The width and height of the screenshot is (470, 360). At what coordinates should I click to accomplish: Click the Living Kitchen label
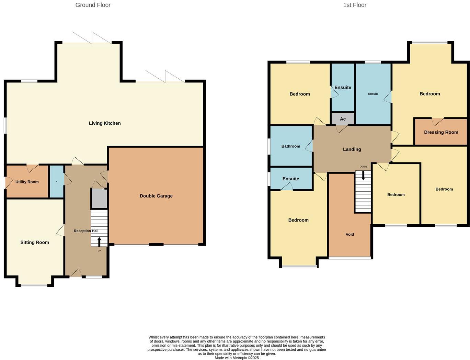point(105,123)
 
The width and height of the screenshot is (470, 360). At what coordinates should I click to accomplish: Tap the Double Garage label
point(156,196)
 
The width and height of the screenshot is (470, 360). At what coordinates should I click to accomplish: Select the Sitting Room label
point(35,243)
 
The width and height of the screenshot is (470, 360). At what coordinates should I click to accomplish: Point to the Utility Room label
point(27,182)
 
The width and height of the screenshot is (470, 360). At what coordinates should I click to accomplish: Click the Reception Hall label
point(86,231)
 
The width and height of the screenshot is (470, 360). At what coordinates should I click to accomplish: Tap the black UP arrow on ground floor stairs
point(100,242)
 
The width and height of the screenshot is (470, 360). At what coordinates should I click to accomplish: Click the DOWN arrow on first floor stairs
point(363,176)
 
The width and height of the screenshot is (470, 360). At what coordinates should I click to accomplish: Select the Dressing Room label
point(441,132)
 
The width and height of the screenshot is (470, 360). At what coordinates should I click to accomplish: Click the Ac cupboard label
point(343,119)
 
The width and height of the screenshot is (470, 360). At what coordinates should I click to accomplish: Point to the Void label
point(350,234)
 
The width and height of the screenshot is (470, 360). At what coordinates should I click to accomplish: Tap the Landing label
point(352,149)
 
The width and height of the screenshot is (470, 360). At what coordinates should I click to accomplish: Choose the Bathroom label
point(291,146)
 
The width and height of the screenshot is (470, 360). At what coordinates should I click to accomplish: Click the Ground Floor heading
point(93,5)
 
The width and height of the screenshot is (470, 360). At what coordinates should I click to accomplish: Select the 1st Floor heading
point(355,5)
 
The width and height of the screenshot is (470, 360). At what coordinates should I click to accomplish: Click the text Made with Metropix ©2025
point(237,358)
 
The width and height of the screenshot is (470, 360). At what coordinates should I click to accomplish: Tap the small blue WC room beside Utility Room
point(57,182)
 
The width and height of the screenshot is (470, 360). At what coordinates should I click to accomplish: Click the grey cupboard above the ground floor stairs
point(99,199)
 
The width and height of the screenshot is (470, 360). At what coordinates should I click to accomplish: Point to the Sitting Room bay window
point(34,285)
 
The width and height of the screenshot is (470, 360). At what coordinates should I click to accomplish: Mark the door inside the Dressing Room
point(438,122)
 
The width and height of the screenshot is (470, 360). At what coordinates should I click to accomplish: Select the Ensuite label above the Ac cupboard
point(343,88)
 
